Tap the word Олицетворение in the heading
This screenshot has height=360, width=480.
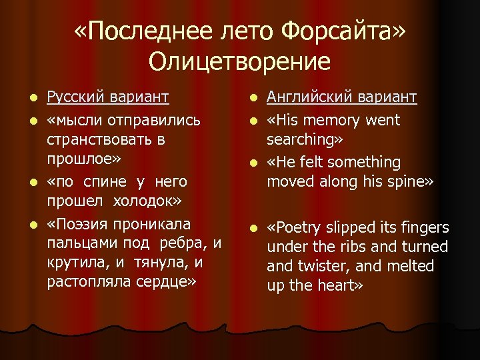pos(239,61)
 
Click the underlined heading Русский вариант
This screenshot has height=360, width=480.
pos(107,98)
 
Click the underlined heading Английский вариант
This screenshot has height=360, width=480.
pos(341,98)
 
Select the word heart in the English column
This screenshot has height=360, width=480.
pos(339,286)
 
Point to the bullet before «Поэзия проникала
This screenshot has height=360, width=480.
pos(33,224)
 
